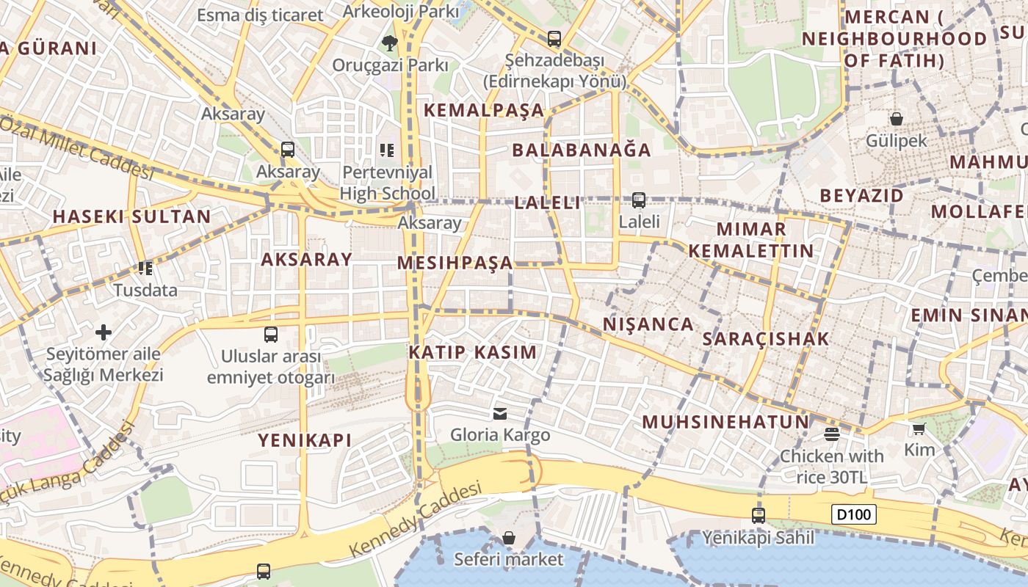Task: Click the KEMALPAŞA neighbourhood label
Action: [485, 111]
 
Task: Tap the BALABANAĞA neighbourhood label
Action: [582, 150]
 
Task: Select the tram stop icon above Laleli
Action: [639, 200]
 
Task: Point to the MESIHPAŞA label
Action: [455, 263]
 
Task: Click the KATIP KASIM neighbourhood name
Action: [473, 352]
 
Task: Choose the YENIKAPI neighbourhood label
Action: [305, 440]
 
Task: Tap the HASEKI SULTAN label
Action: [132, 217]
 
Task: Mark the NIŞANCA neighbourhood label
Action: [648, 324]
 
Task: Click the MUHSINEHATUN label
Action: [725, 423]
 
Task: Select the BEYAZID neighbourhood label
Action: [862, 196]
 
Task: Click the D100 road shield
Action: [855, 514]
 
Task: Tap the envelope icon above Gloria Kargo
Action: [500, 414]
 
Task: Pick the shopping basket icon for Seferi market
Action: [508, 539]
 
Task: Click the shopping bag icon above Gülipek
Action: [896, 119]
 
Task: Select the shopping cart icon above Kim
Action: [919, 429]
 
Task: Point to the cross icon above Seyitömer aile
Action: [104, 332]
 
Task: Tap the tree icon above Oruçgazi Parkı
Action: [390, 44]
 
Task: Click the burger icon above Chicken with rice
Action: [831, 434]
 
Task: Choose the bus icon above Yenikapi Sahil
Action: [759, 516]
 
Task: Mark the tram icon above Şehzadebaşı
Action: [554, 39]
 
